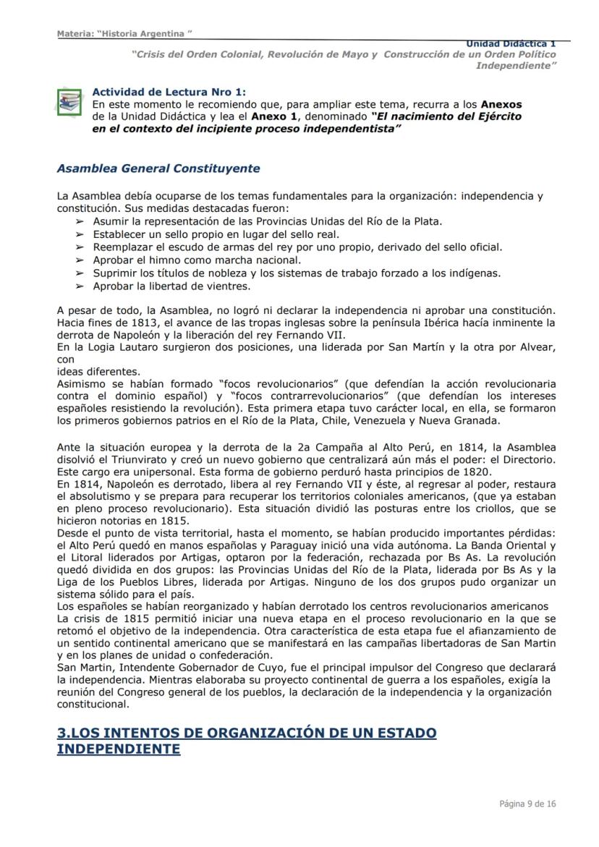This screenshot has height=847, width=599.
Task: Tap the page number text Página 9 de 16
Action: pos(527,804)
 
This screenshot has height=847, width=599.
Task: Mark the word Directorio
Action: pos(524,459)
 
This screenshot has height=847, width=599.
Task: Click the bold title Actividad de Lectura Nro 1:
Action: pos(169,91)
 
